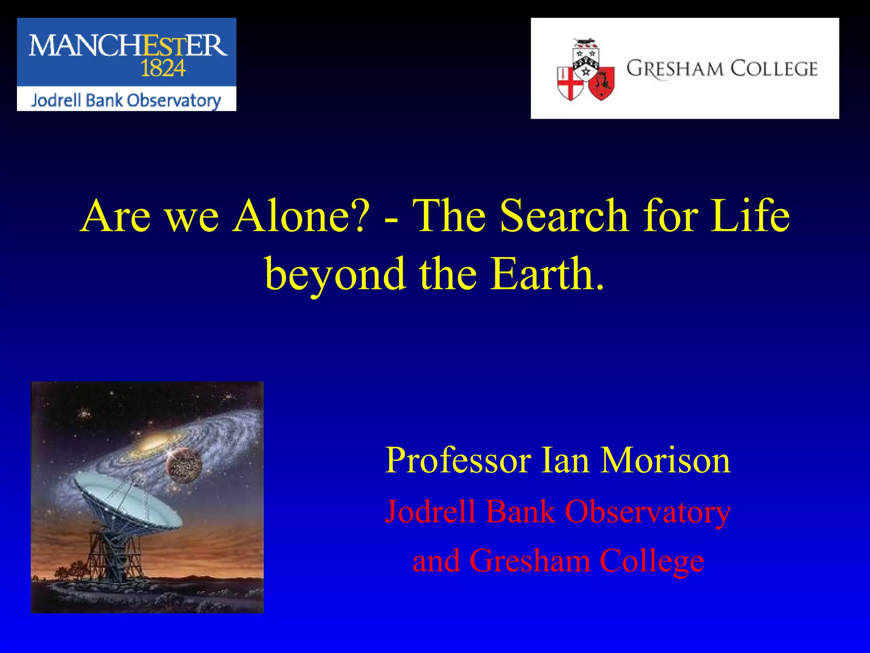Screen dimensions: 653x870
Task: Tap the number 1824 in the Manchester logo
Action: [163, 68]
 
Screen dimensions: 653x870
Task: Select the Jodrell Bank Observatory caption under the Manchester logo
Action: [126, 100]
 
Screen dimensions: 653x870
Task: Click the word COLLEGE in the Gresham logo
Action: [774, 69]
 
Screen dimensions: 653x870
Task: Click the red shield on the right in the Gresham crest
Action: [602, 82]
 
